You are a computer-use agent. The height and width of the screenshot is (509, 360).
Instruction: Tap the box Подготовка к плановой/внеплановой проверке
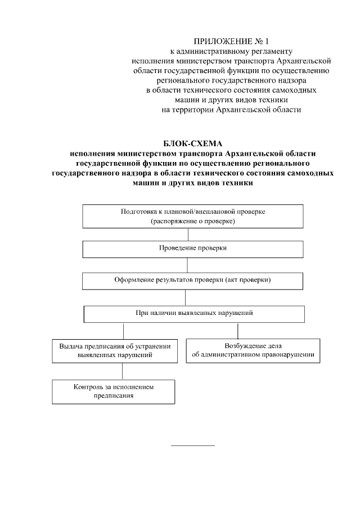(x=193, y=217)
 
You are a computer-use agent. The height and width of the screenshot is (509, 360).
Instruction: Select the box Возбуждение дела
(x=253, y=350)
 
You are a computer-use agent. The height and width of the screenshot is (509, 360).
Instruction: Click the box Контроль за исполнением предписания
(x=113, y=391)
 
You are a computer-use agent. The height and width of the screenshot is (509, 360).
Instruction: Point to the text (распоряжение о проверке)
(x=192, y=222)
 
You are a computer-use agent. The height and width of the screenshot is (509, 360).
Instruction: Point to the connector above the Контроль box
(x=123, y=371)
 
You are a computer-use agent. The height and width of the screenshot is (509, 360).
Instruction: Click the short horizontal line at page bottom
(x=192, y=446)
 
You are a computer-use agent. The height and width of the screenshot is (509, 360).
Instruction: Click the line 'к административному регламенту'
(x=231, y=51)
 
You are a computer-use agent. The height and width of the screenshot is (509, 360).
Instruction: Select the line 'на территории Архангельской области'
(x=231, y=110)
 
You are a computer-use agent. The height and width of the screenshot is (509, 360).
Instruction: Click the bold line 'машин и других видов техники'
(x=192, y=183)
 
